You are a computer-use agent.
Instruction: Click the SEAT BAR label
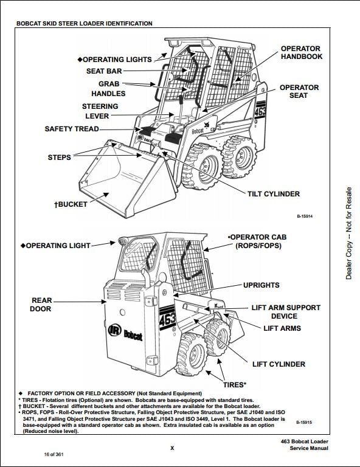pyautogui.click(x=104, y=71)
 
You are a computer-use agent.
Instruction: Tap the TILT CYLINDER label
pyautogui.click(x=274, y=194)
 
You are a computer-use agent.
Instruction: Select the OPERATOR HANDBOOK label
pyautogui.click(x=302, y=52)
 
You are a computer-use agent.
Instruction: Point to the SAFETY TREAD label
pyautogui.click(x=72, y=129)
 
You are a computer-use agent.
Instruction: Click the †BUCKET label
pyautogui.click(x=71, y=204)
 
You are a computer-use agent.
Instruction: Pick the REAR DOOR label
pyautogui.click(x=41, y=305)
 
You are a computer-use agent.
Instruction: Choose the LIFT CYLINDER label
pyautogui.click(x=279, y=364)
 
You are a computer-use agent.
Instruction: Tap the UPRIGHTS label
pyautogui.click(x=261, y=285)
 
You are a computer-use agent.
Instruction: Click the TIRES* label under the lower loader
pyautogui.click(x=235, y=385)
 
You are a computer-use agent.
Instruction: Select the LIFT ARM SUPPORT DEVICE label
pyautogui.click(x=286, y=312)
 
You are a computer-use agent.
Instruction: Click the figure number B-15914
pyautogui.click(x=304, y=216)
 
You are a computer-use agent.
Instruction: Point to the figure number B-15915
pyautogui.click(x=304, y=423)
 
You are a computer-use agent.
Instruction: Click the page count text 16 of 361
pyautogui.click(x=54, y=454)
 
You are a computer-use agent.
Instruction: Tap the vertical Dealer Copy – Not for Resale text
pyautogui.click(x=348, y=233)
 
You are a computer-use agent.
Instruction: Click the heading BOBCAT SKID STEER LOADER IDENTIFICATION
pyautogui.click(x=85, y=24)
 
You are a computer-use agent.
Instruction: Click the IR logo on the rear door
pyautogui.click(x=115, y=330)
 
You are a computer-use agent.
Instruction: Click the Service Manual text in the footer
pyautogui.click(x=309, y=448)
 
